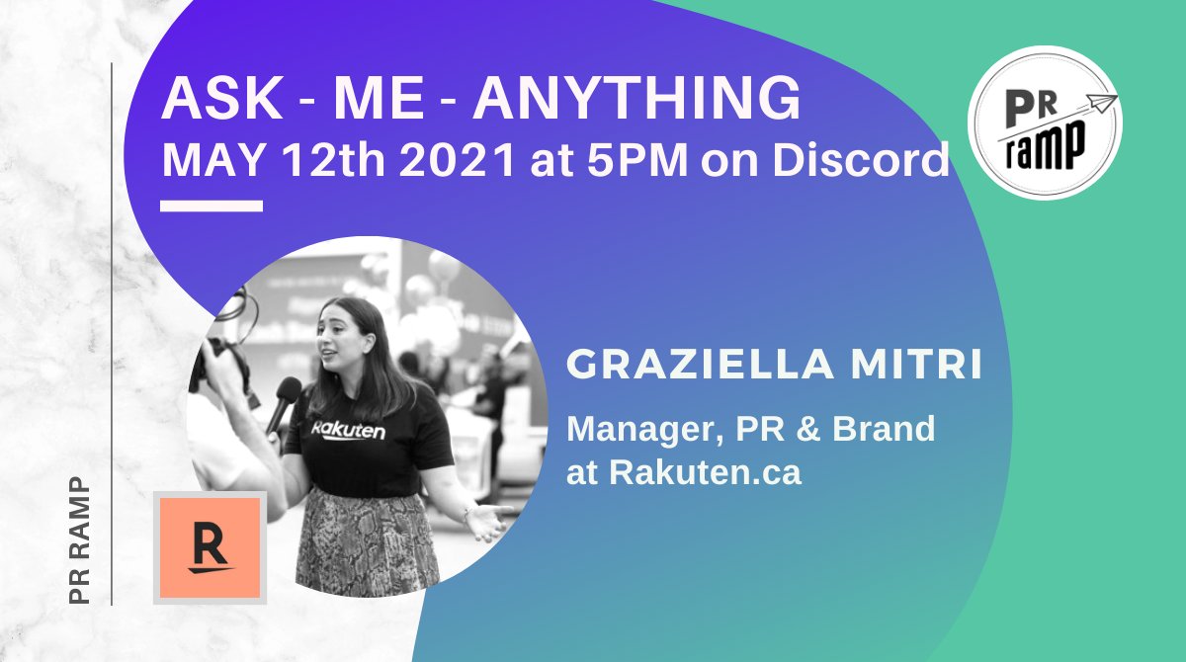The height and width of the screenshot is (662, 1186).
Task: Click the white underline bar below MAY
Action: coord(212,207)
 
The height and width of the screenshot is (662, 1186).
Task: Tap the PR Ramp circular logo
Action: coord(1045,123)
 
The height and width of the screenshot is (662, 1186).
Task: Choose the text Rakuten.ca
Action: coord(705,472)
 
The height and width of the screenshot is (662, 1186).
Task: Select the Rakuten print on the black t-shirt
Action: coord(349,431)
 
